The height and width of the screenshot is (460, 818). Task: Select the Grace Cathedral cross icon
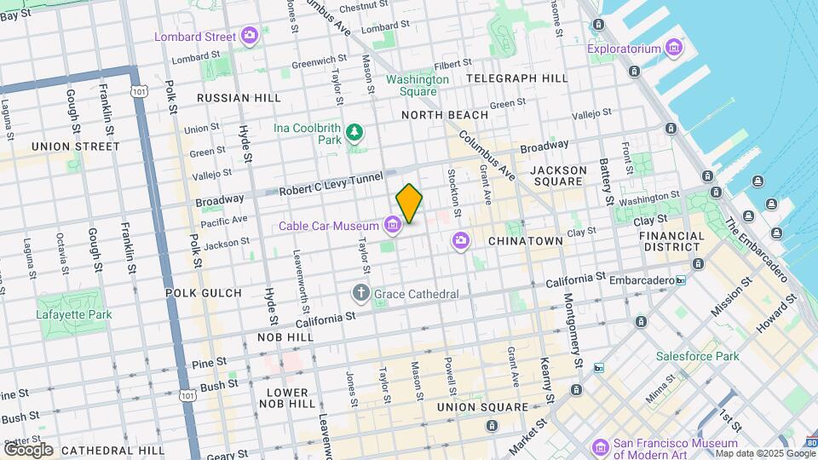pos(361,294)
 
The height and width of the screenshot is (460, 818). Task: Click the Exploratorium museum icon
pos(674,49)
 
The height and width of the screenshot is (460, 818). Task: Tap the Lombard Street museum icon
pos(250,36)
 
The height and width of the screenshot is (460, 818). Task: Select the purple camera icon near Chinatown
pos(461,241)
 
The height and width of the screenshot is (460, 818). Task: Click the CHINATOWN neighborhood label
pos(526,241)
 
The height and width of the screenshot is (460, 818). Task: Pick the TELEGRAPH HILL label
pos(517,78)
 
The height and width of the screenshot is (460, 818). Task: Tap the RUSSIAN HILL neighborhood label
pos(239,98)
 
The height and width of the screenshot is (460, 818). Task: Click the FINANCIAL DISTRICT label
pos(671,241)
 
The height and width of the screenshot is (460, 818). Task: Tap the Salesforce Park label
pos(697,356)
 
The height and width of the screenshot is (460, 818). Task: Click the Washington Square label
pos(418,85)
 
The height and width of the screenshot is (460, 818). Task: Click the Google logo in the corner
pos(28,449)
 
